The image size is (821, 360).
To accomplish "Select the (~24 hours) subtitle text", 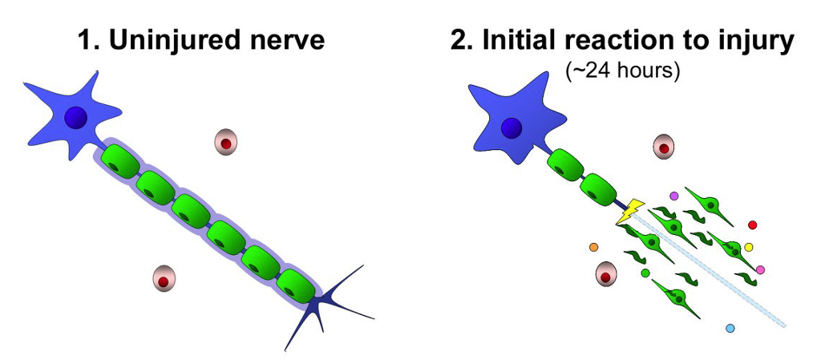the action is point(622,70).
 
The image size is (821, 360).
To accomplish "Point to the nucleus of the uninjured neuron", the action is point(75,118).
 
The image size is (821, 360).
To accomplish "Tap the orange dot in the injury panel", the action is point(593,246).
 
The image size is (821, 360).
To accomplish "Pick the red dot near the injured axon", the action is point(752,225).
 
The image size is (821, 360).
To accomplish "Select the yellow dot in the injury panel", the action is point(749,247).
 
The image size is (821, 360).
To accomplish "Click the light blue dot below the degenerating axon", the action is point(730,328).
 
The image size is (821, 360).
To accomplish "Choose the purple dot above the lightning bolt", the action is point(673,196).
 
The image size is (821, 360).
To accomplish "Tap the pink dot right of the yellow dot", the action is point(760,269).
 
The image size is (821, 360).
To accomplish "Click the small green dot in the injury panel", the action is point(645,273).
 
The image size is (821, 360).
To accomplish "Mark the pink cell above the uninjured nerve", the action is point(225,143).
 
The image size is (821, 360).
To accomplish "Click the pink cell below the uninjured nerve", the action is point(164,278).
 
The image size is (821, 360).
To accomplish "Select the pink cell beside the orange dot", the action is point(606,274).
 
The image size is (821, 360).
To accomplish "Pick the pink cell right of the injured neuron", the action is point(664,147).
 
